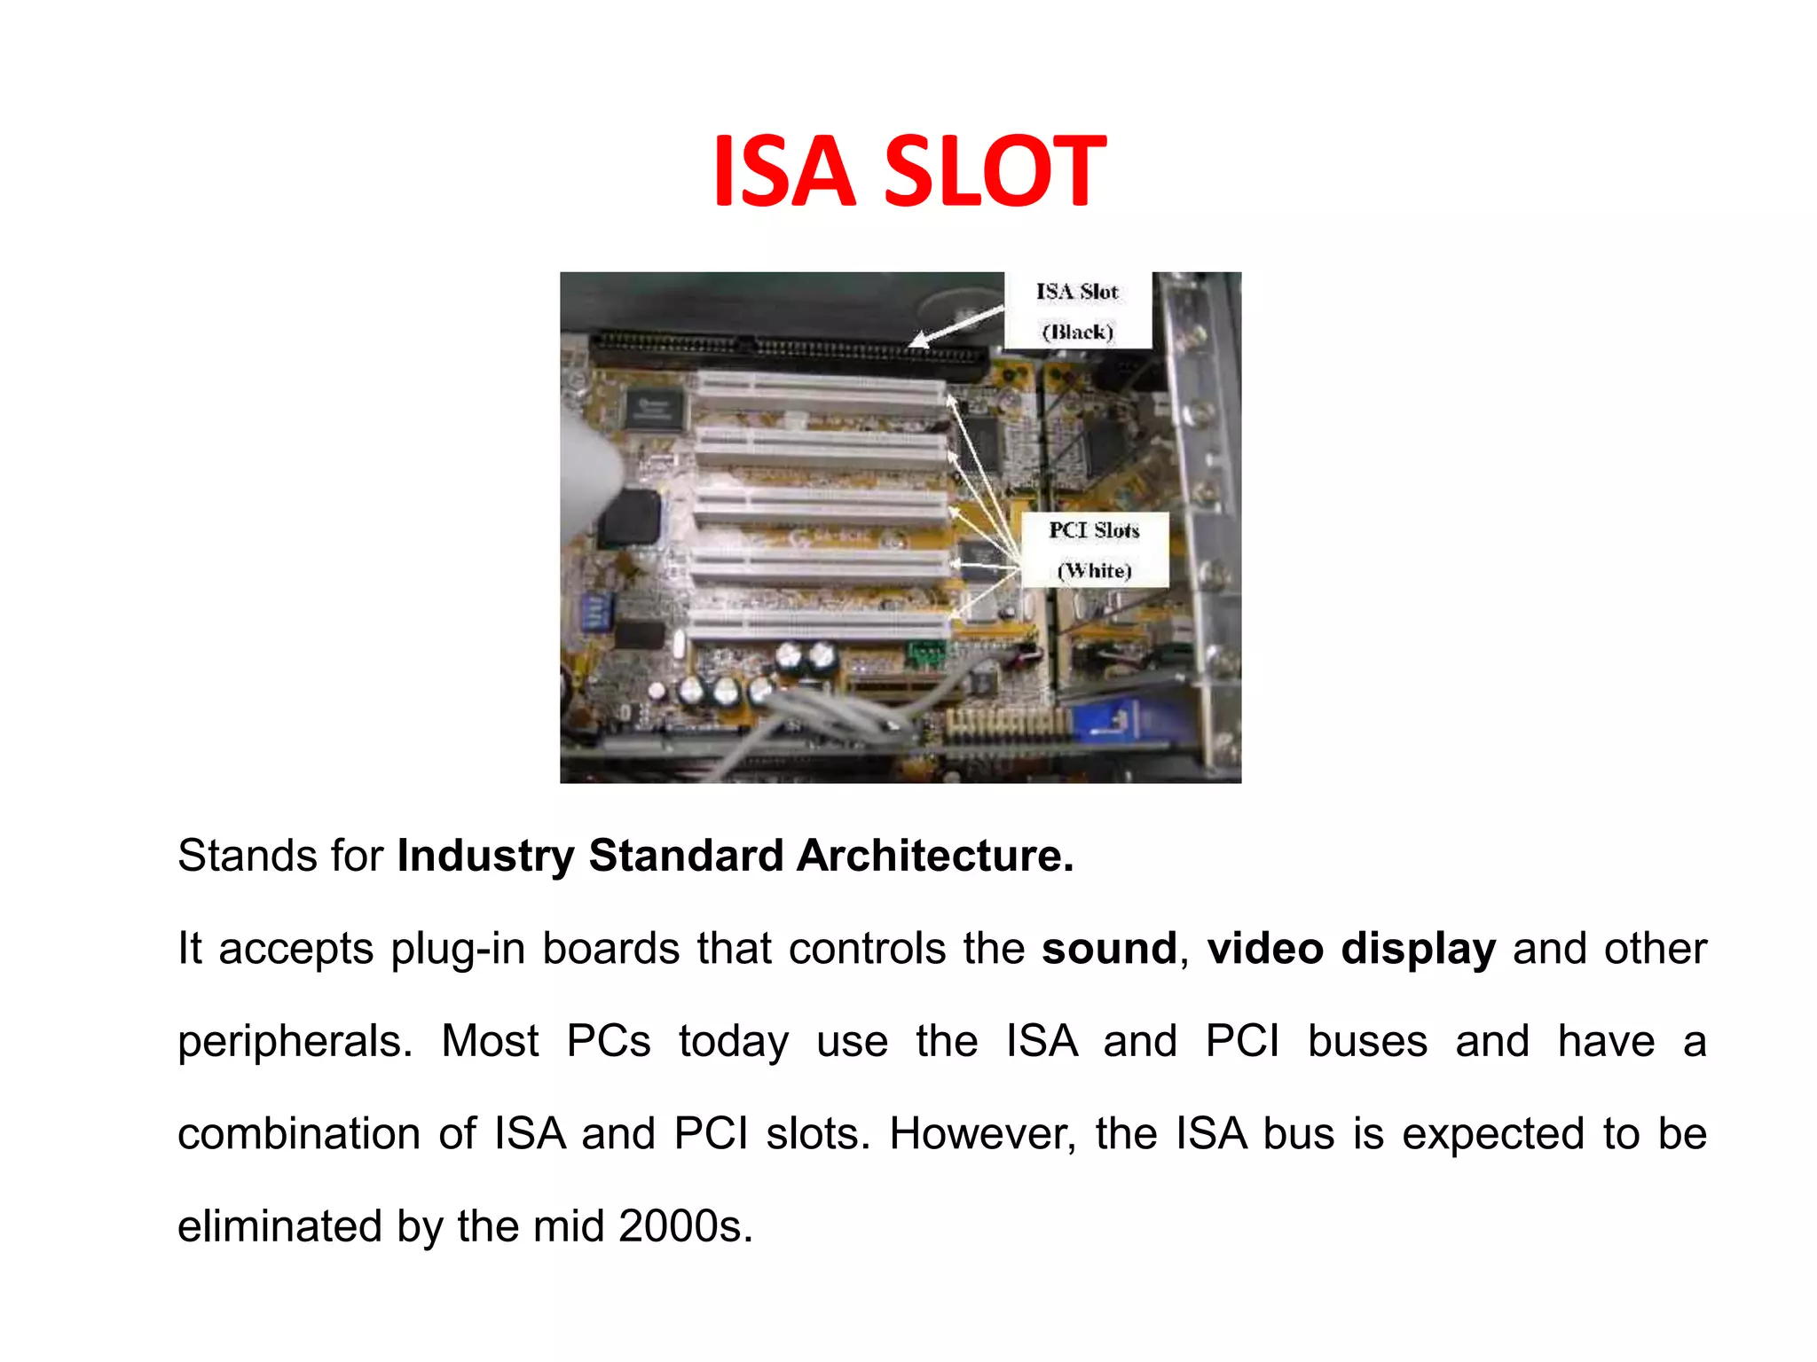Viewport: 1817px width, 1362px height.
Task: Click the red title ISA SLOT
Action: tap(908, 171)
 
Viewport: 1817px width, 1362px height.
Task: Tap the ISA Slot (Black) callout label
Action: tap(1077, 311)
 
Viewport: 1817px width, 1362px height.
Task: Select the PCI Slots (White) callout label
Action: tap(1094, 550)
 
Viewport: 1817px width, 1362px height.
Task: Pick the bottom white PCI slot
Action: tap(820, 624)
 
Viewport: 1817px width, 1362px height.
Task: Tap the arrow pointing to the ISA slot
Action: tap(956, 325)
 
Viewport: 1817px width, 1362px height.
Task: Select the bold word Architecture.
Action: tap(934, 857)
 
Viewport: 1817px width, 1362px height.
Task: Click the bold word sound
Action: tap(1109, 949)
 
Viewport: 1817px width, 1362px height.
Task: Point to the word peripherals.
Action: tap(295, 1043)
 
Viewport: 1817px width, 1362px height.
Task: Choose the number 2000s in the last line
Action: tap(685, 1227)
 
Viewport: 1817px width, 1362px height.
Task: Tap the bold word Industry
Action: tap(485, 857)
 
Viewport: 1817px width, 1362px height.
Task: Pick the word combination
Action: tap(298, 1134)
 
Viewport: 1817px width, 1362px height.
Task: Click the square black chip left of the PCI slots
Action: tap(629, 518)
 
